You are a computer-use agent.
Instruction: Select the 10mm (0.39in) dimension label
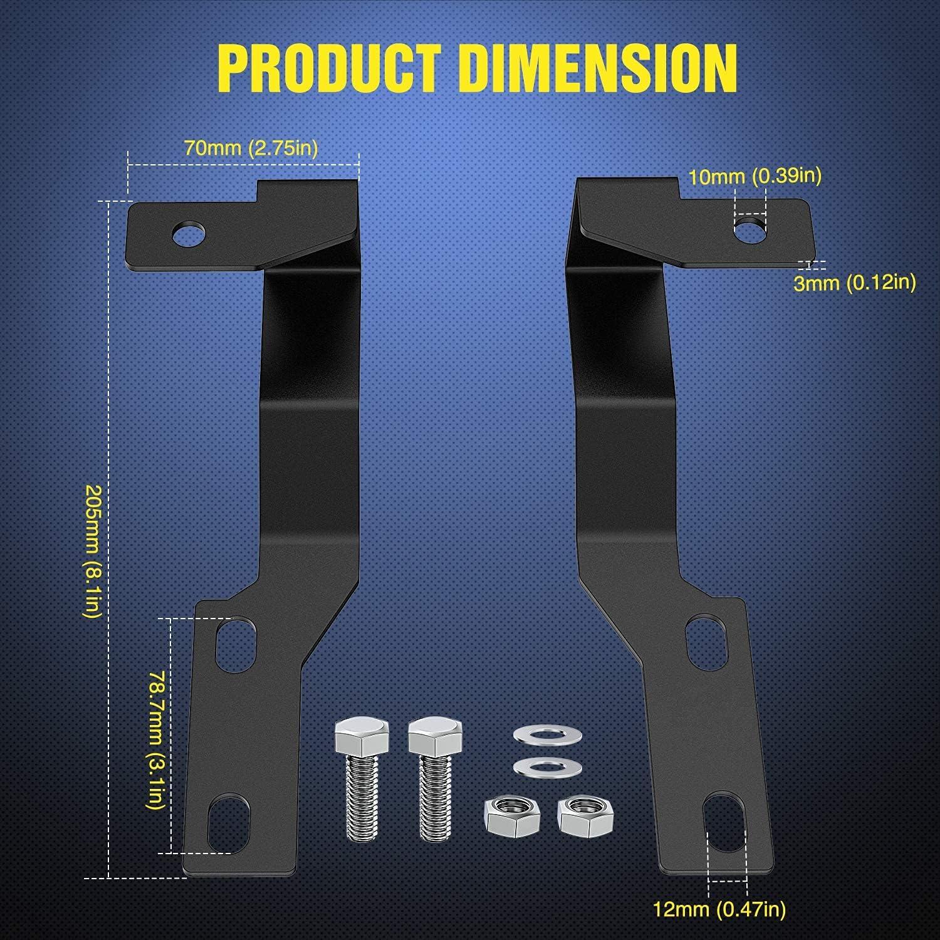755,176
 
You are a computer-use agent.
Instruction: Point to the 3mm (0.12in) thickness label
855,283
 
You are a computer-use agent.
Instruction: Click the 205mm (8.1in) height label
91,551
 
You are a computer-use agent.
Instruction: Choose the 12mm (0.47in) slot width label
719,907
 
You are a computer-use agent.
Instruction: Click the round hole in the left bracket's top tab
190,234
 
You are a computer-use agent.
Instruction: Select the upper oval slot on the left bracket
236,645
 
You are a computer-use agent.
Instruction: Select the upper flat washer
540,734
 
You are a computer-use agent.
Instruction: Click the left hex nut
509,815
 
